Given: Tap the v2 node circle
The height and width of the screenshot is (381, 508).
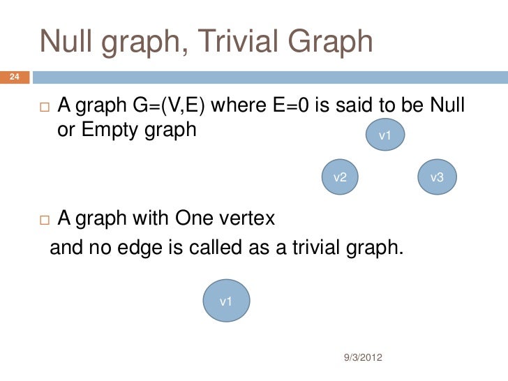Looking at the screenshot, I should pos(341,177).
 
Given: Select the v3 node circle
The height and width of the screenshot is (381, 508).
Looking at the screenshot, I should pos(437,177).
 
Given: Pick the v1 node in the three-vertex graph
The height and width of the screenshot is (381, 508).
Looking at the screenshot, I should pos(384,135).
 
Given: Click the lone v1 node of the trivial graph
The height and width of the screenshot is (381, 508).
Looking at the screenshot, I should pos(225,301).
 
